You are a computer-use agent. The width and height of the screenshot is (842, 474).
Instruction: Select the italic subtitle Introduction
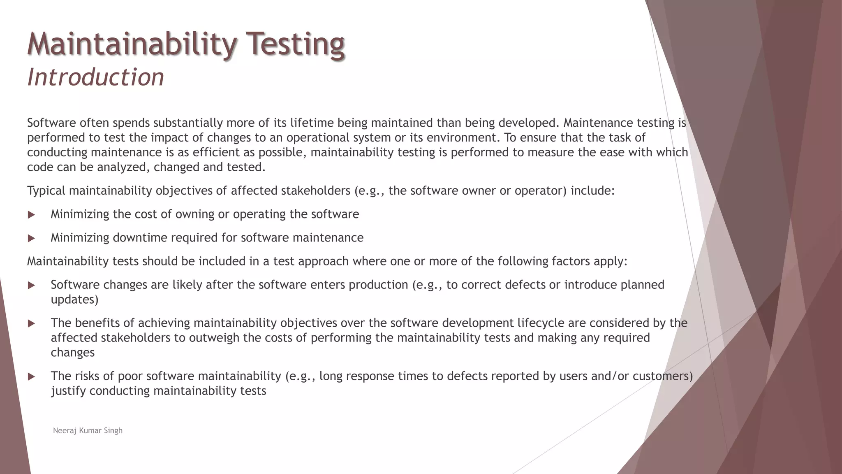click(x=95, y=77)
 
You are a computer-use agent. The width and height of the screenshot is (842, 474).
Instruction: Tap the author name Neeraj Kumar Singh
click(x=88, y=431)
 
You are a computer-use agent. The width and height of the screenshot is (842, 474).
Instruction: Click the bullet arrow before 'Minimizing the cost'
click(x=31, y=215)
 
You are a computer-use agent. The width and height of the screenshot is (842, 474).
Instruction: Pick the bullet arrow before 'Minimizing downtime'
click(x=31, y=238)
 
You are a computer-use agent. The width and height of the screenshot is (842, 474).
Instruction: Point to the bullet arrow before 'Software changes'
click(x=31, y=285)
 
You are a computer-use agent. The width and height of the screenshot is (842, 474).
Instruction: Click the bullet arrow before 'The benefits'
click(x=31, y=323)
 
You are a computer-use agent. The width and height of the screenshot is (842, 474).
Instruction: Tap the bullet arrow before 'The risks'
click(x=31, y=376)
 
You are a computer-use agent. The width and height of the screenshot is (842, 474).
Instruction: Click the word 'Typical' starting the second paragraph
click(x=46, y=191)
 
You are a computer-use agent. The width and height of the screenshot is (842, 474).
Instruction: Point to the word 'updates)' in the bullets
click(x=74, y=300)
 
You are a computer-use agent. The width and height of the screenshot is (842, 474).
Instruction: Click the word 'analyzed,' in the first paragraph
click(x=123, y=167)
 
